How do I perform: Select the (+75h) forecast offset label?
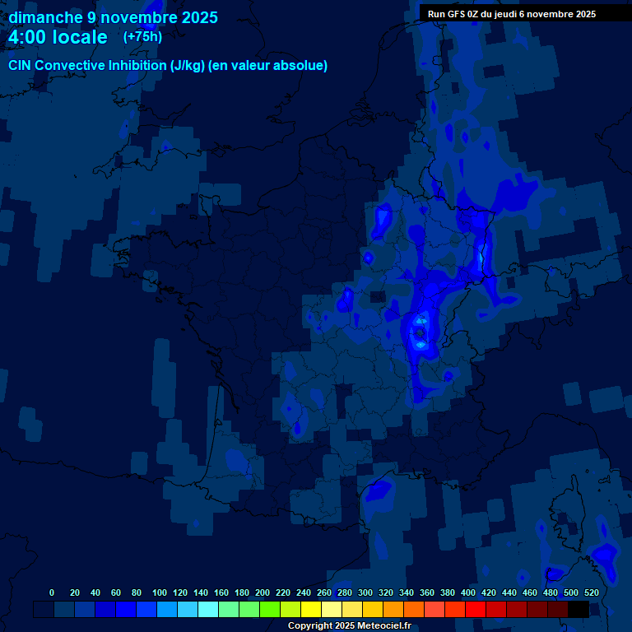pos(142,36)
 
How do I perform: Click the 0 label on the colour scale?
pos(52,592)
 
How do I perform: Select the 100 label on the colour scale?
pos(159,592)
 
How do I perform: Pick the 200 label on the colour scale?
pos(262,592)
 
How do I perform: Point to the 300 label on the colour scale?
pos(365,592)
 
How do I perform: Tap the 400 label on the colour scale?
pos(467,592)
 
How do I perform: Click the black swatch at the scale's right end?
pos(579,609)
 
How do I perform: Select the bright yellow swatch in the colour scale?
pos(311,609)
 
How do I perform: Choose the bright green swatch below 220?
pos(270,609)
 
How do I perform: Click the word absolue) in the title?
pos(300,66)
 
